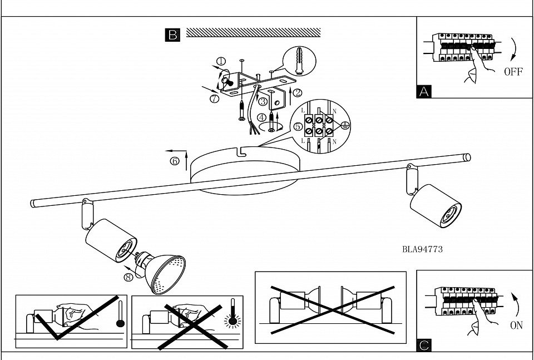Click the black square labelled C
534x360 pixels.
pyautogui.click(x=424, y=346)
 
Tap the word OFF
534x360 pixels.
pyautogui.click(x=513, y=72)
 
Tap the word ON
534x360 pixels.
pyautogui.click(x=516, y=326)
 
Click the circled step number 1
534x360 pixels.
pyautogui.click(x=222, y=62)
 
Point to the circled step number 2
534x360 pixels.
pyautogui.click(x=298, y=93)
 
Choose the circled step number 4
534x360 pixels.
pyautogui.click(x=261, y=118)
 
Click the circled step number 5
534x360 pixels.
pyautogui.click(x=298, y=127)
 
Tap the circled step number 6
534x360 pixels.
pyautogui.click(x=175, y=161)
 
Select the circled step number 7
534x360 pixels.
pyautogui.click(x=214, y=99)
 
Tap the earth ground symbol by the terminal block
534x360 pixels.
pyautogui.click(x=345, y=125)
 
